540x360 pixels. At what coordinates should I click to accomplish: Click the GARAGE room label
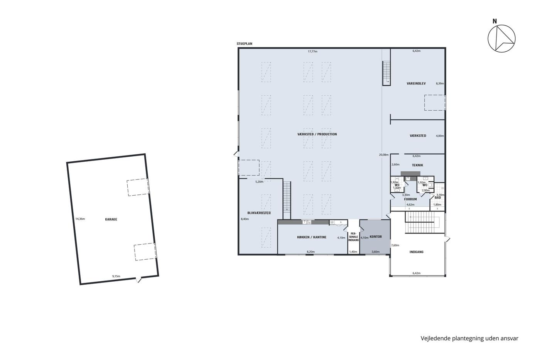tap(111, 219)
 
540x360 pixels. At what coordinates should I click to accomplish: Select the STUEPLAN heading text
tap(244, 44)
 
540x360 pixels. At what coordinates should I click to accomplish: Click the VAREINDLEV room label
tap(416, 83)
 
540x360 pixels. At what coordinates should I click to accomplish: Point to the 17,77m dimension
tap(312, 51)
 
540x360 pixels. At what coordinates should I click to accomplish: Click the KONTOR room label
tap(376, 237)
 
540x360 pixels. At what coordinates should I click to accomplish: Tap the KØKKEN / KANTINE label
tap(312, 237)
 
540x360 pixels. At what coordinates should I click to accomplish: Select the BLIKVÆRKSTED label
tap(259, 213)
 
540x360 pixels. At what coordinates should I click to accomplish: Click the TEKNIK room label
tap(417, 165)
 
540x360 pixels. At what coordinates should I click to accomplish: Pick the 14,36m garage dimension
tap(80, 219)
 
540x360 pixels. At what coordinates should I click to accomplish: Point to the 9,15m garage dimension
tap(116, 276)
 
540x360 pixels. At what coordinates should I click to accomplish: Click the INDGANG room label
tap(416, 252)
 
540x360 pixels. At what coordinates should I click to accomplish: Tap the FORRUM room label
tap(410, 199)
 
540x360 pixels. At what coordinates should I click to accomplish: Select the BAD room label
tap(437, 198)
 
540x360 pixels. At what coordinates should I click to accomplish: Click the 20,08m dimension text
tap(384, 155)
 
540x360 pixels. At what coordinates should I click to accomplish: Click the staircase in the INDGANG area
tap(425, 222)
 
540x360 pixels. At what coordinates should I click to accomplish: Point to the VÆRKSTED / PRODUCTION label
tap(317, 134)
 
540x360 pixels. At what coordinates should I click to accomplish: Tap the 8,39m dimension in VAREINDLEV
tap(440, 83)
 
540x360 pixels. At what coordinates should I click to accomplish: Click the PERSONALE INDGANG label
tap(353, 237)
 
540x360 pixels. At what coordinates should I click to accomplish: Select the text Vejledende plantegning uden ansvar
tap(469, 338)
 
